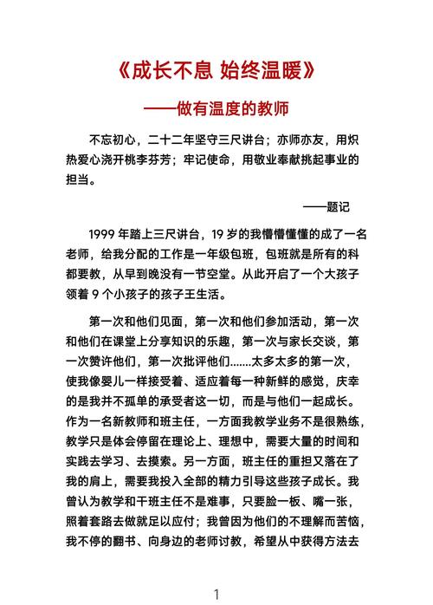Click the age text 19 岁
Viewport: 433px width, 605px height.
point(229,234)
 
